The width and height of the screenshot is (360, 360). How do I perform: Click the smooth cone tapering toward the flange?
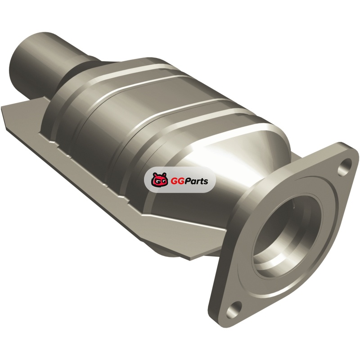[x=229, y=170]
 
